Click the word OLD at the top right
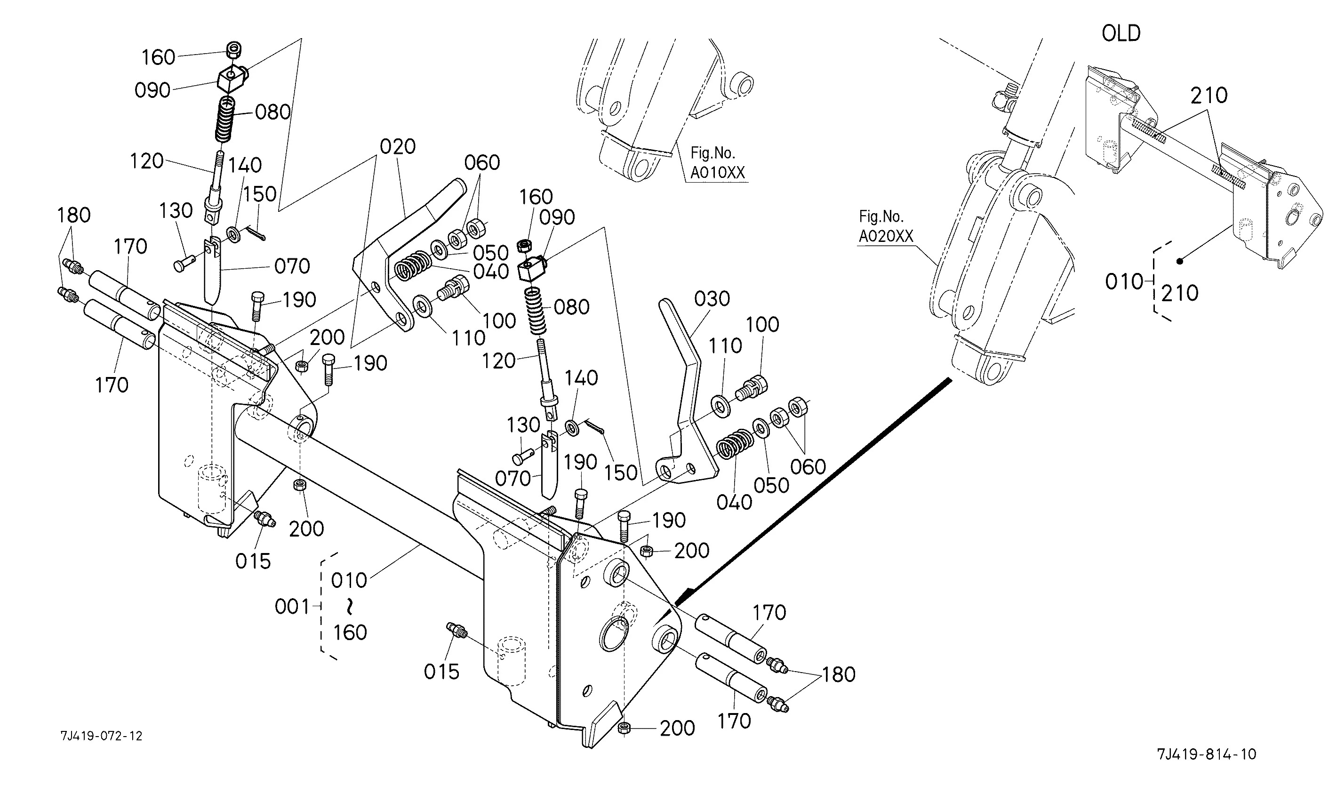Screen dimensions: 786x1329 (1121, 34)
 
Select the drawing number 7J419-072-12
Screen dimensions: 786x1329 (101, 736)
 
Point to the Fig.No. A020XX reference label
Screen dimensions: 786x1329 (886, 226)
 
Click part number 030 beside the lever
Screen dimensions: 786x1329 (712, 299)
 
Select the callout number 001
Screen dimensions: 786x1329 (292, 607)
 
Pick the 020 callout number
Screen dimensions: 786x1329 (398, 147)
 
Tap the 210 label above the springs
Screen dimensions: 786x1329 (1209, 96)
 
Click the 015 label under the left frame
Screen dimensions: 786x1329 (253, 561)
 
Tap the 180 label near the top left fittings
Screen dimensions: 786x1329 (73, 216)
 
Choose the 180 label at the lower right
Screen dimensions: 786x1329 (838, 675)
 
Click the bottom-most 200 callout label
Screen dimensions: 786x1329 (677, 729)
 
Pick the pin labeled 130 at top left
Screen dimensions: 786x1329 (182, 263)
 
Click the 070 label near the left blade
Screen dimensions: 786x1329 (292, 266)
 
